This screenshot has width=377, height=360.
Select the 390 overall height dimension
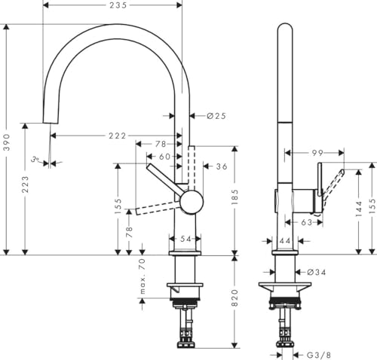tap(7, 145)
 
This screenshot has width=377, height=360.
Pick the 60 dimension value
tap(164, 156)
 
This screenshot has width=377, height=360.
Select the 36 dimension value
tap(221, 166)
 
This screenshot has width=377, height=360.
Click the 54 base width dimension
tap(185, 239)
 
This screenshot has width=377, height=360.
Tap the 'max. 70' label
tap(141, 275)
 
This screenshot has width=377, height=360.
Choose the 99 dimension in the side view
tap(296, 152)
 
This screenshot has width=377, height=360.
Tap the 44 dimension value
tap(284, 241)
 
